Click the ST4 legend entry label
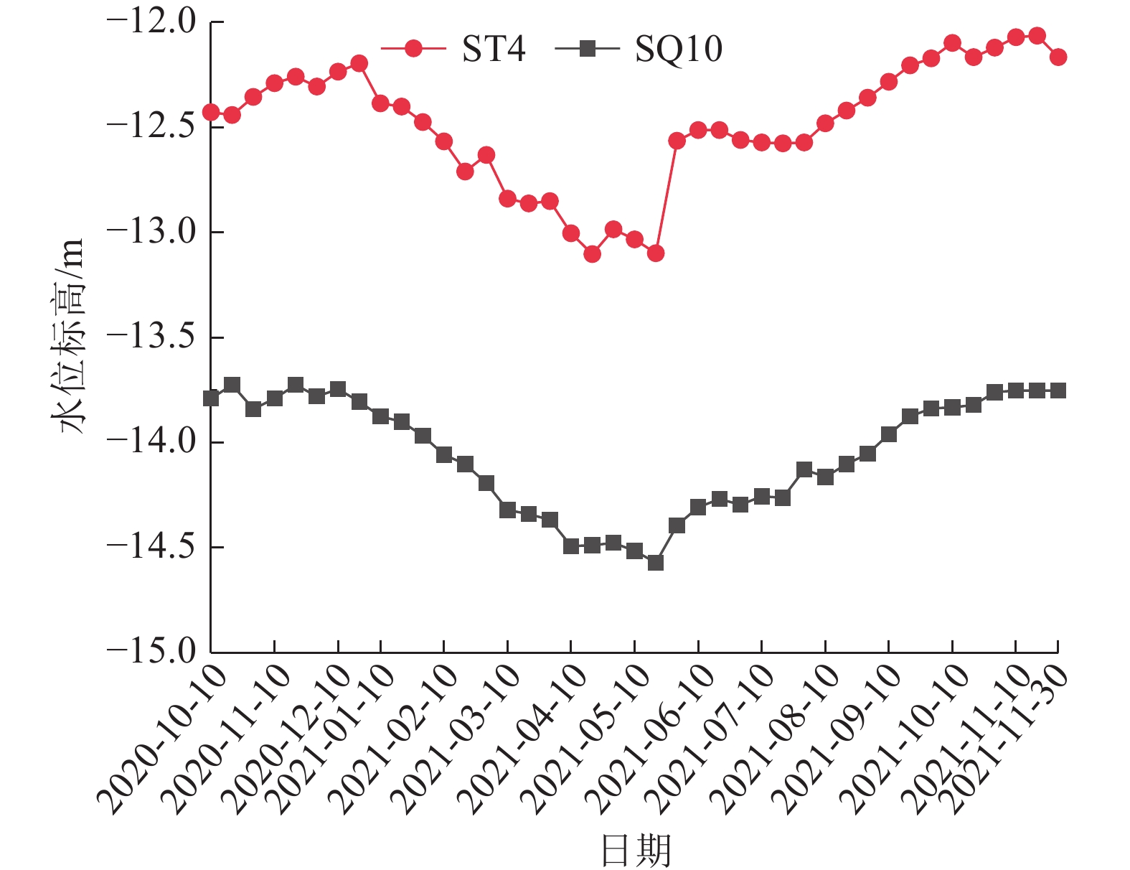[494, 49]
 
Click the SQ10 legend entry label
[678, 49]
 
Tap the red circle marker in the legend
[413, 49]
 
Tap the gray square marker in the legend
[588, 49]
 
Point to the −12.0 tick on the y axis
[151, 22]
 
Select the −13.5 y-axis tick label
[151, 337]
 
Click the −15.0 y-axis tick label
[151, 651]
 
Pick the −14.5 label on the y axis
[151, 547]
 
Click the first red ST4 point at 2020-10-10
[211, 112]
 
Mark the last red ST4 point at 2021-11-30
[1058, 57]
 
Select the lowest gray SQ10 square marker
[655, 563]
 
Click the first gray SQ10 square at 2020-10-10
[211, 398]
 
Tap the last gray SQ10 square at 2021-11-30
[1058, 390]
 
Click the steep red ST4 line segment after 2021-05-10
[666, 197]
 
